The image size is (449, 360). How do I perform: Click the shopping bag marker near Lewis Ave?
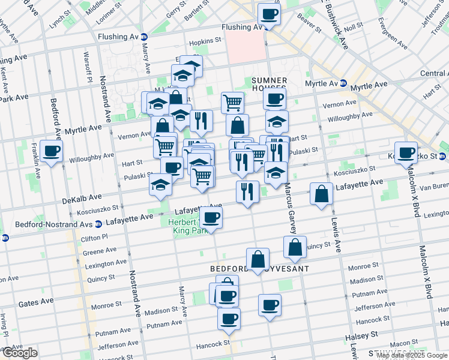(x=322, y=194)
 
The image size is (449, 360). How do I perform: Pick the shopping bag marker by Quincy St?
(x=295, y=247)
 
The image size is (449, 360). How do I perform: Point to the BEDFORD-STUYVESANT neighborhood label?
(x=259, y=269)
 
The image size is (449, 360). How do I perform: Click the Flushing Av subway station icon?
(x=145, y=36)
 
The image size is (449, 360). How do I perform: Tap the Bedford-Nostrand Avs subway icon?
(x=5, y=238)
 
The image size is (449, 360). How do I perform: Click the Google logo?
(x=20, y=353)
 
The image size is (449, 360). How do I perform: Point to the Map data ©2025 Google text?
(x=412, y=355)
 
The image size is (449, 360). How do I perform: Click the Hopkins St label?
(x=205, y=43)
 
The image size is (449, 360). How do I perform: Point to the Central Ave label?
(x=434, y=73)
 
